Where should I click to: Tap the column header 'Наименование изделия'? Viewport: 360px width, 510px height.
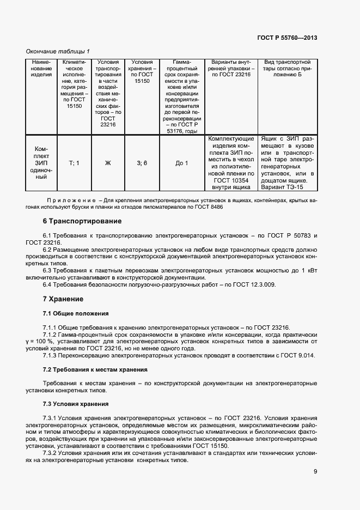41,69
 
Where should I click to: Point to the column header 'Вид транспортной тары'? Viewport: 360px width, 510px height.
290,69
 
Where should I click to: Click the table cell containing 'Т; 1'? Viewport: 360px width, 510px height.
74,163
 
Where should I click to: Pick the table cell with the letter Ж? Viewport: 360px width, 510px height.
108,163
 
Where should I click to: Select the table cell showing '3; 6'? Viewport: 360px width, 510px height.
142,163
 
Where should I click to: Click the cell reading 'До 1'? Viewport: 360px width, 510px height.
182,163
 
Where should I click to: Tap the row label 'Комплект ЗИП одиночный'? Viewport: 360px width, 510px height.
41,163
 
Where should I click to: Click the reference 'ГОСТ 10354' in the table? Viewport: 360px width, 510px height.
230,180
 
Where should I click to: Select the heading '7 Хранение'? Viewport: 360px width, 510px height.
63,299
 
